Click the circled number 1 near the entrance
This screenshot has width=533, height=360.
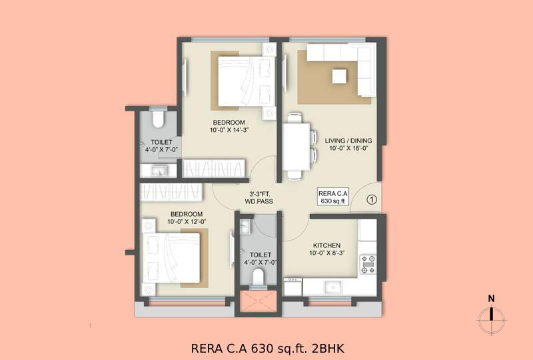[x=372, y=199]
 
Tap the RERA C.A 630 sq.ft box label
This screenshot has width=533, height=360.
[x=333, y=197]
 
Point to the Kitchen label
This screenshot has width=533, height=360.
[x=326, y=245]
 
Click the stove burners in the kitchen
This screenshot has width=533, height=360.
[x=368, y=264]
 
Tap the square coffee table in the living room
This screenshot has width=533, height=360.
[x=340, y=76]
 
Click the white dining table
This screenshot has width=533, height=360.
[x=296, y=147]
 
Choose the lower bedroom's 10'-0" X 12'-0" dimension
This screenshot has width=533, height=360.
[x=187, y=221]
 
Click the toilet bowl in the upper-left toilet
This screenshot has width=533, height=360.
[x=158, y=119]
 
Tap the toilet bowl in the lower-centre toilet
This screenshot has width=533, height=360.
[x=259, y=277]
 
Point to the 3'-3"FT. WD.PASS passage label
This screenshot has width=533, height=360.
[x=259, y=198]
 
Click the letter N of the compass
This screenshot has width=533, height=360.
[x=491, y=299]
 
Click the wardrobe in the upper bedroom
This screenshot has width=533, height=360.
[x=214, y=168]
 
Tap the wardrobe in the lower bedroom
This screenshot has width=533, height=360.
[x=171, y=193]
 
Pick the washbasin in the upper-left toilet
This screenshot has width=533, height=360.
[x=159, y=170]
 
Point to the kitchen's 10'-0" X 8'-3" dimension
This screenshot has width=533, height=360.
[x=327, y=253]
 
